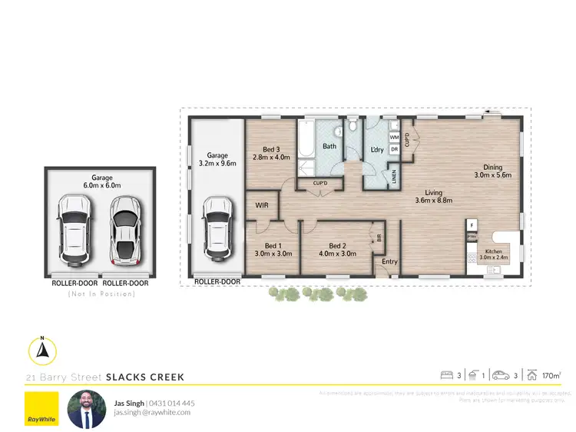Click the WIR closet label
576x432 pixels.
coord(261,205)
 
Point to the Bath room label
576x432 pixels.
coord(329,146)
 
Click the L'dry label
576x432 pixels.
coord(376,149)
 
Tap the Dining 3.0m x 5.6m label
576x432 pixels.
coord(492,171)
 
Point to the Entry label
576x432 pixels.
coord(389,262)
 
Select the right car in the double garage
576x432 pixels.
coord(124,228)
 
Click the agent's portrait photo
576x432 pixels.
coord(86,408)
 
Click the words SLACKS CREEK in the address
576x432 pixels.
coord(145,377)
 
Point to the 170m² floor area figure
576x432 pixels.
coord(551,375)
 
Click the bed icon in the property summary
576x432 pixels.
coord(446,375)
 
